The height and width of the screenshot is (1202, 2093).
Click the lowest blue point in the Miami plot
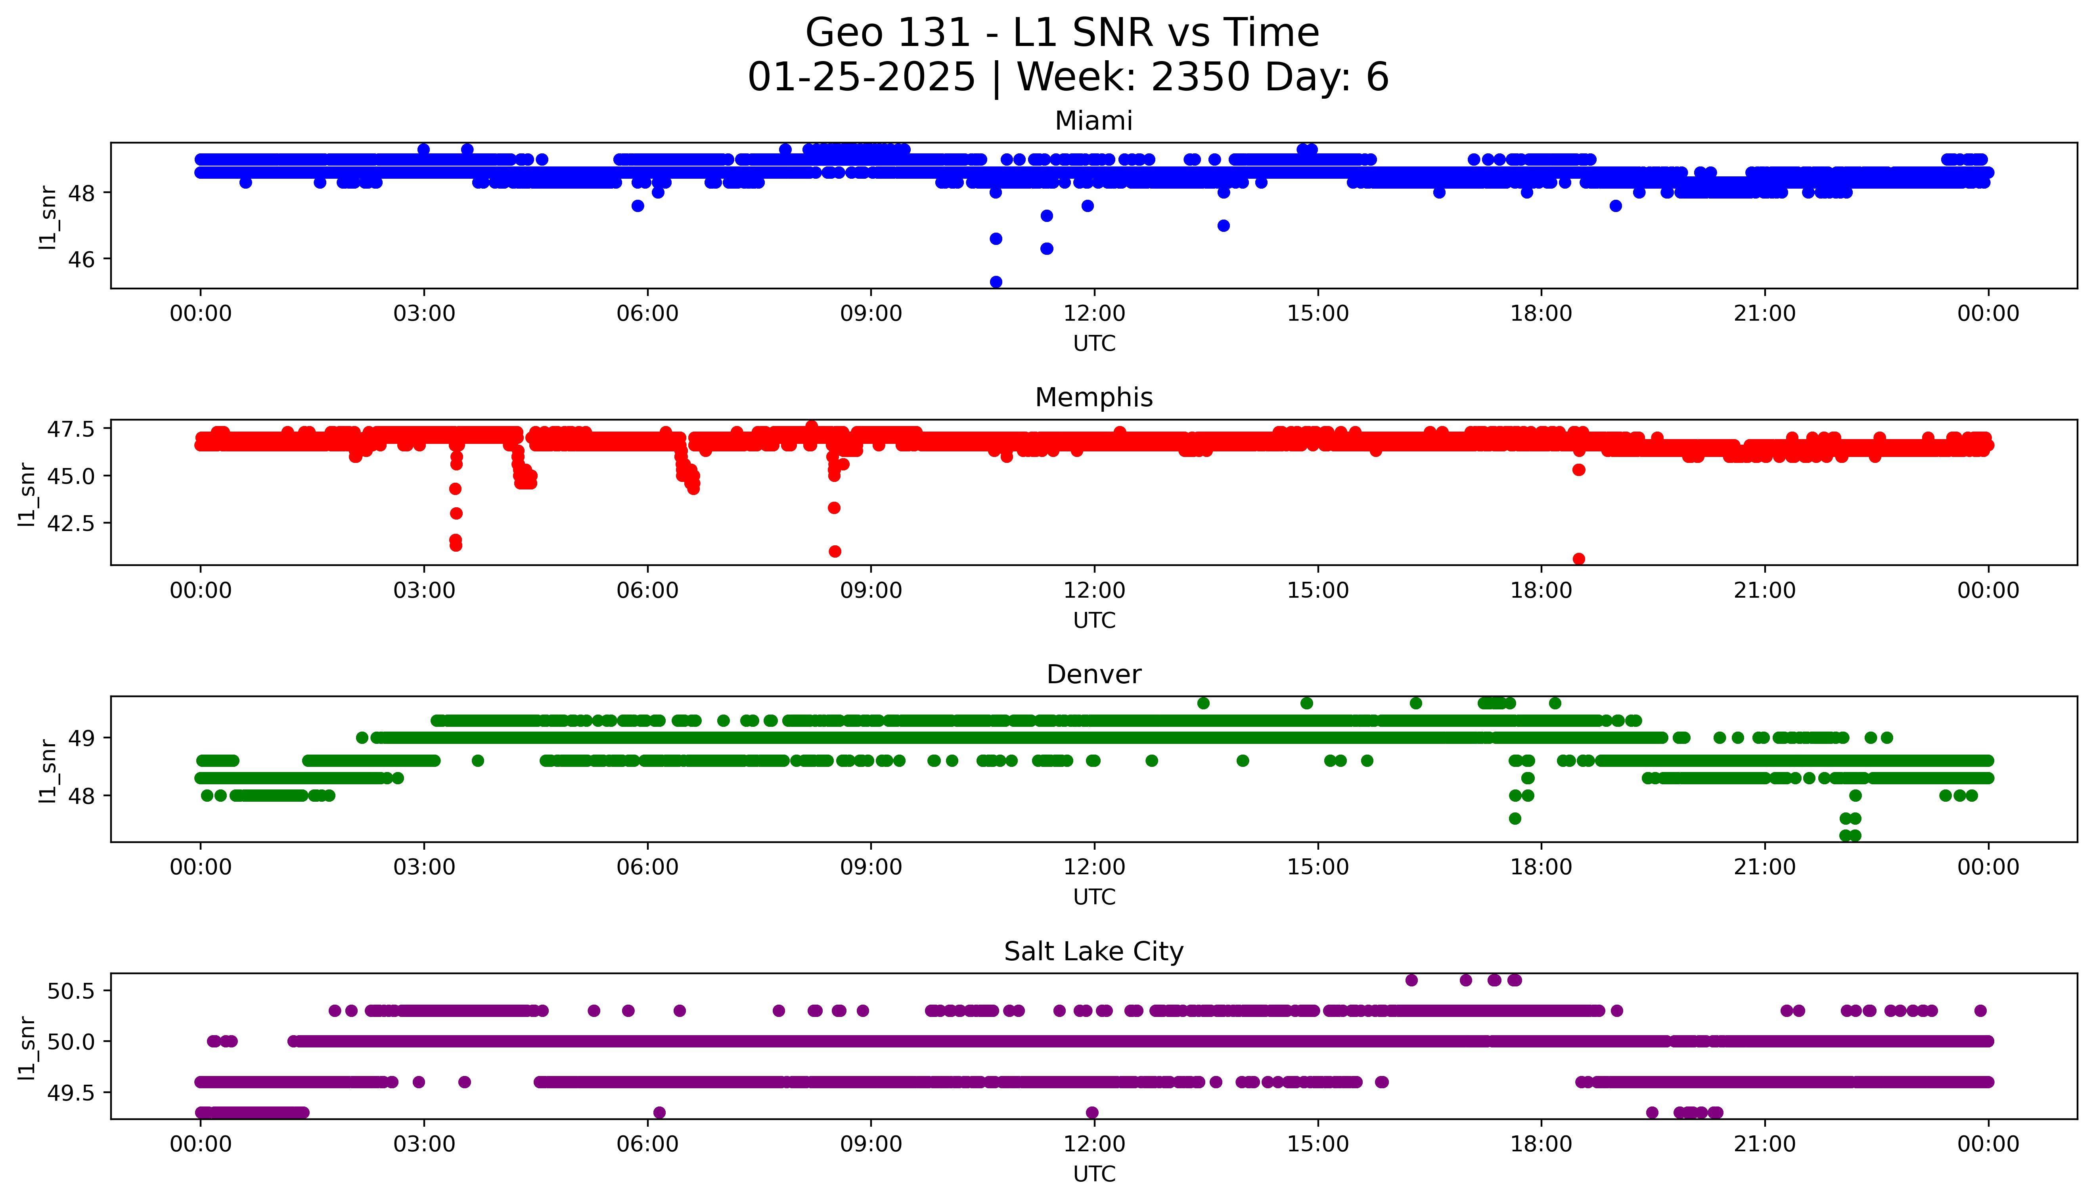996,281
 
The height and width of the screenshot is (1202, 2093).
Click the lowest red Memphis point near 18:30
1579,559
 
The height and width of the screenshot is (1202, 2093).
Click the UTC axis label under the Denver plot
1094,896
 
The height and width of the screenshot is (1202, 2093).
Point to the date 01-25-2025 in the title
861,78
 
